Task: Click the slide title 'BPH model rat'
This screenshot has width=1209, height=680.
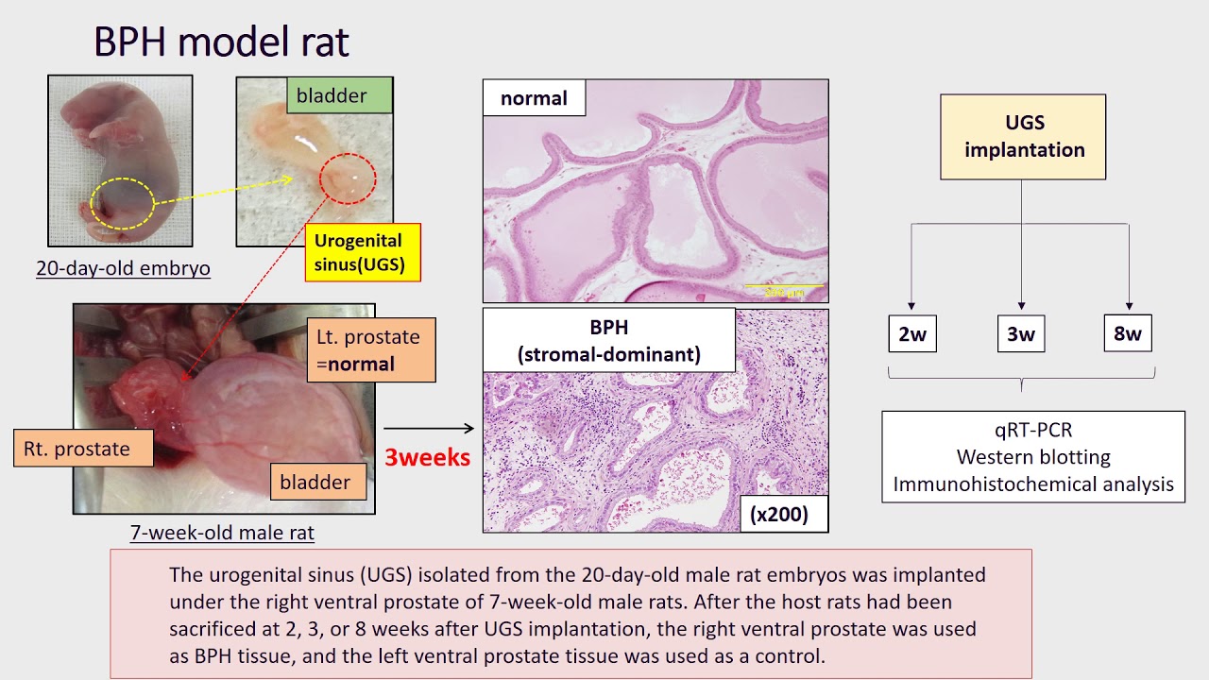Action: [x=221, y=42]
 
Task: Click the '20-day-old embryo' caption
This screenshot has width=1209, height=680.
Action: [x=123, y=268]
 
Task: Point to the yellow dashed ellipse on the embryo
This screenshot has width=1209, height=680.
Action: [x=122, y=203]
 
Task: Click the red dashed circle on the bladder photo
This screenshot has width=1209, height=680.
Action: [x=348, y=178]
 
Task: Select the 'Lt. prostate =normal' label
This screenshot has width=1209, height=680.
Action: [x=370, y=350]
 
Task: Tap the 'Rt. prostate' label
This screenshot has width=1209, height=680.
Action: [x=83, y=449]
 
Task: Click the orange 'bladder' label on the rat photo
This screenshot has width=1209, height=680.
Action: [x=315, y=482]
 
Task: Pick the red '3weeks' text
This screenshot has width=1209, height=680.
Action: [x=427, y=457]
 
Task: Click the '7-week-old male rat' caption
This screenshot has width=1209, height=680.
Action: [x=222, y=533]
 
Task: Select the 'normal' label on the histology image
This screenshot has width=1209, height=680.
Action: [x=534, y=98]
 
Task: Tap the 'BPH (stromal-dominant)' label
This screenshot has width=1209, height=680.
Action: [x=608, y=341]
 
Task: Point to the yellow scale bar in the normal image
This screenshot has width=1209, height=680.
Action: [x=785, y=286]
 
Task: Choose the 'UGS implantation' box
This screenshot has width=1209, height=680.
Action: [x=1023, y=137]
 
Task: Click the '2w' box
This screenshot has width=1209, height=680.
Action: [x=912, y=334]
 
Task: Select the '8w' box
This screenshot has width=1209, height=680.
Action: [x=1128, y=333]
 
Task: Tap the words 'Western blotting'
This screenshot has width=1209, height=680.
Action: [x=1033, y=457]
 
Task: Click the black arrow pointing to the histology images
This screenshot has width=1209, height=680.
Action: [x=429, y=430]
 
